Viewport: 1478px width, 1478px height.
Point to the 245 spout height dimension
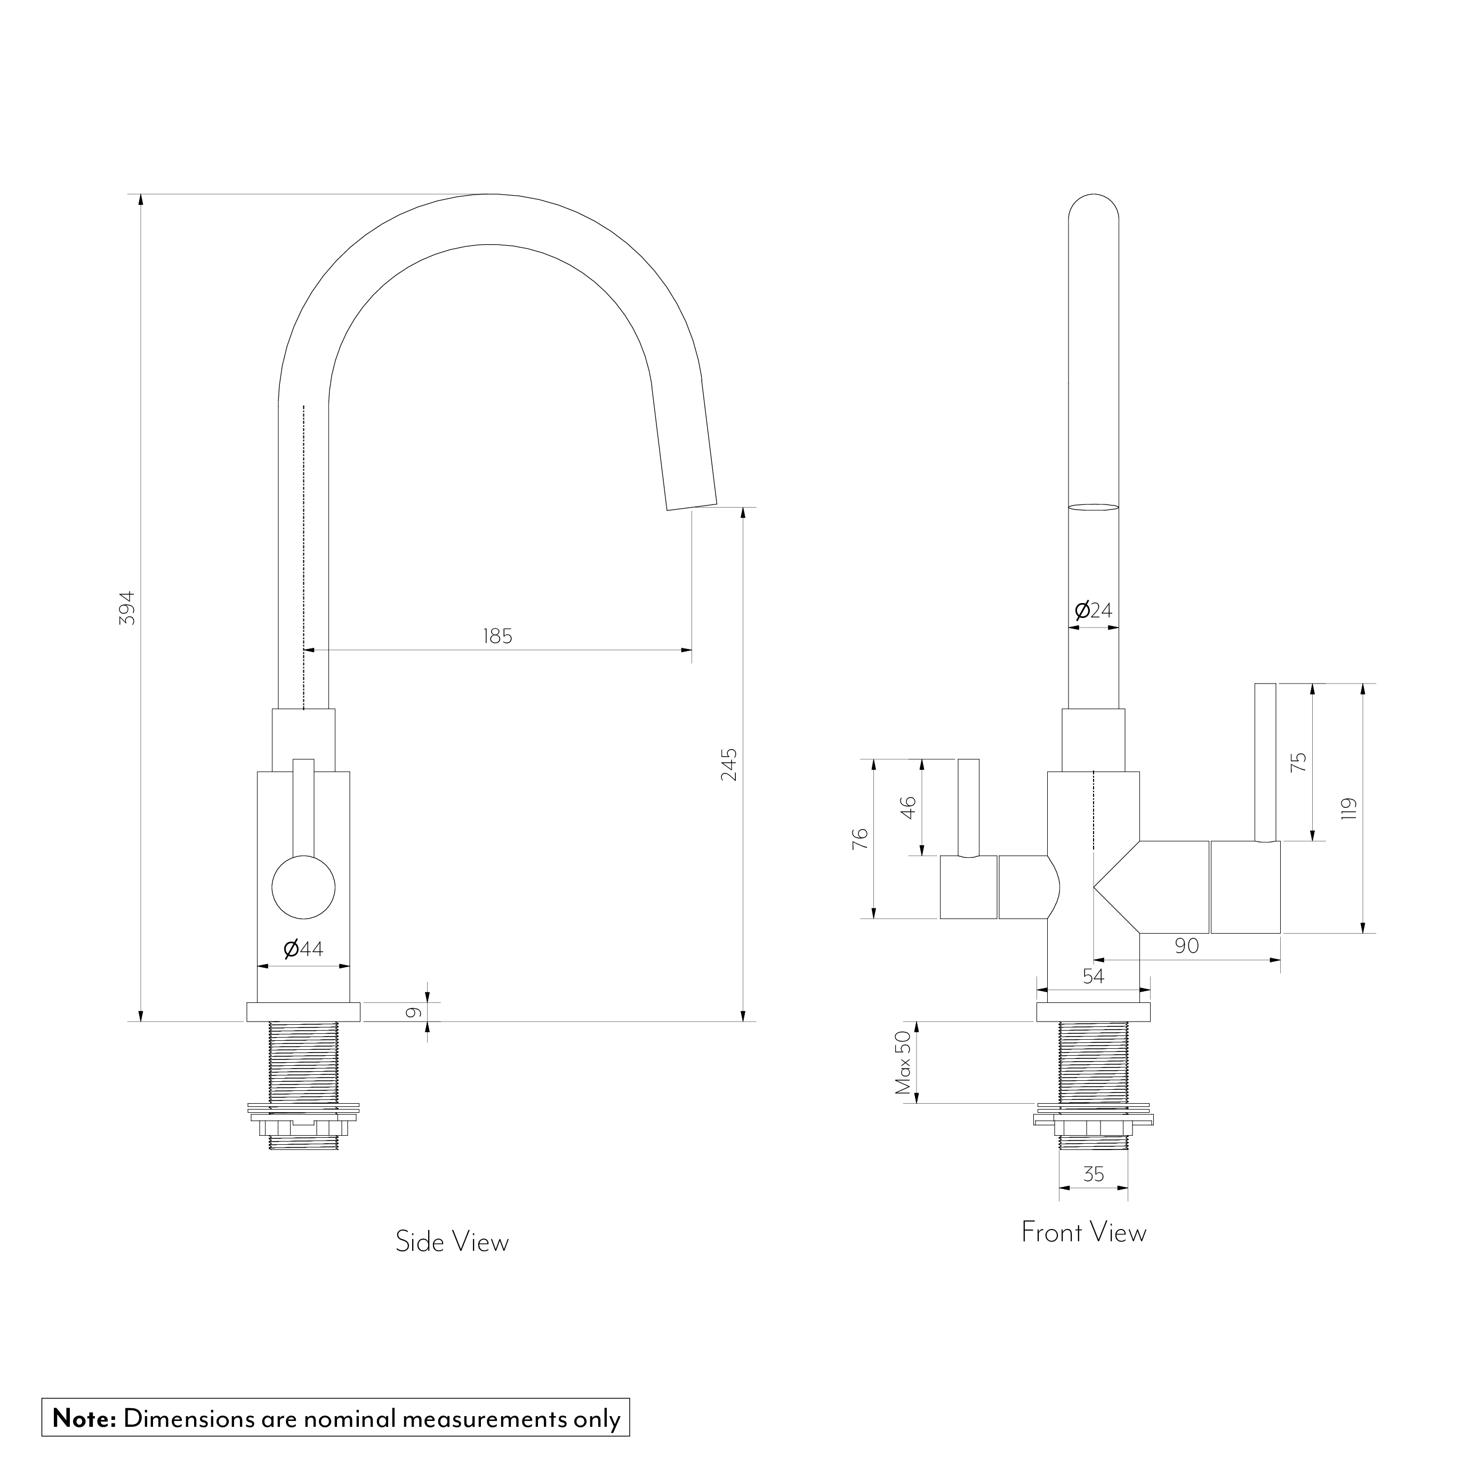pyautogui.click(x=729, y=764)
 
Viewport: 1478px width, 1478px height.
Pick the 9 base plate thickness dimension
pyautogui.click(x=413, y=1012)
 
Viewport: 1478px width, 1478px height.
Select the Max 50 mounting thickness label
pyautogui.click(x=903, y=1063)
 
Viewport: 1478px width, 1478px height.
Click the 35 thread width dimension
pyautogui.click(x=1094, y=1174)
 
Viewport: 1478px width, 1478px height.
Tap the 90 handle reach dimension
pyautogui.click(x=1186, y=946)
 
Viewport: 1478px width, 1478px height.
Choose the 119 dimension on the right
pyautogui.click(x=1349, y=809)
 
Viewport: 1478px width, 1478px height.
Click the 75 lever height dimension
pyautogui.click(x=1299, y=762)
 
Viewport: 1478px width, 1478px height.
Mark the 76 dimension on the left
pyautogui.click(x=860, y=839)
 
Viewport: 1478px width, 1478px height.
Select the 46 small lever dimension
pyautogui.click(x=908, y=808)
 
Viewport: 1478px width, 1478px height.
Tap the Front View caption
pyautogui.click(x=1084, y=1232)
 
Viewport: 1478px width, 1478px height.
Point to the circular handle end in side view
pyautogui.click(x=304, y=887)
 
